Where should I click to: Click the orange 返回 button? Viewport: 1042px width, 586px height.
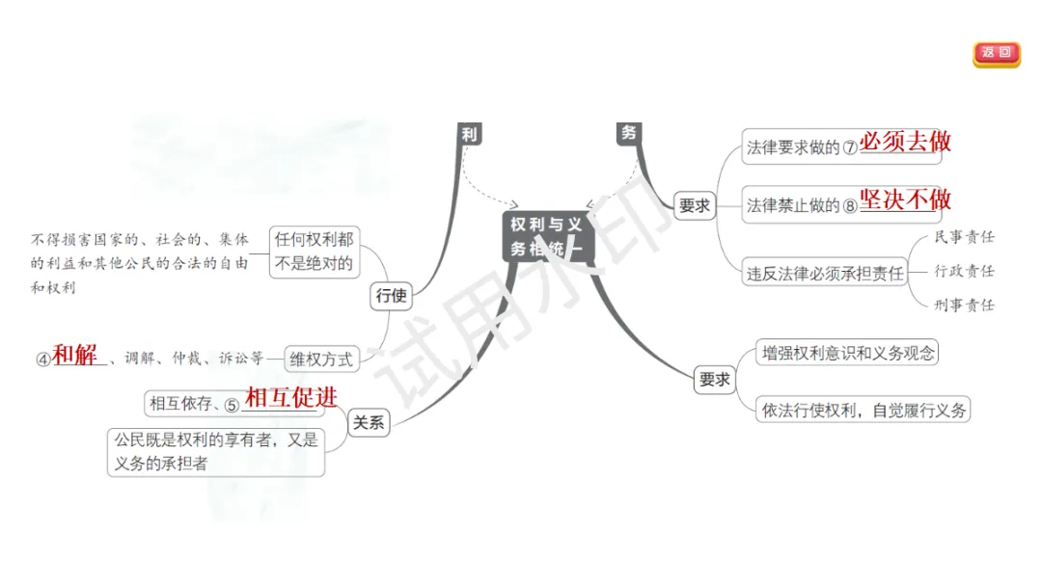tap(996, 54)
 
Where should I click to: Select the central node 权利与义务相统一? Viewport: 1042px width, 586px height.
tap(547, 236)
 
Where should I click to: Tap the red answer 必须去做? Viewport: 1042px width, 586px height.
tap(905, 143)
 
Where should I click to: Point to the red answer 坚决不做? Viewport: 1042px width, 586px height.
tap(905, 200)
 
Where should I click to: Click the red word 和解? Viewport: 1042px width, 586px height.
tap(75, 356)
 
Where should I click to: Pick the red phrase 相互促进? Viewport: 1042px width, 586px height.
tap(291, 397)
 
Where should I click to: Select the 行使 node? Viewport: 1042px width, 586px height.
tap(390, 296)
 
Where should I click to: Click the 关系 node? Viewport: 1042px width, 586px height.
tap(368, 422)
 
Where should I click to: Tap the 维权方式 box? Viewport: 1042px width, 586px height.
tap(321, 360)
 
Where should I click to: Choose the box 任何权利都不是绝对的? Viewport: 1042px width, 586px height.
tap(314, 251)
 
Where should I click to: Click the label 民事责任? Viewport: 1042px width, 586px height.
tap(964, 237)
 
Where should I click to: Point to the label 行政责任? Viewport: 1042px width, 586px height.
tap(964, 271)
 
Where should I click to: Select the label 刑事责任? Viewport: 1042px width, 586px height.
tap(964, 306)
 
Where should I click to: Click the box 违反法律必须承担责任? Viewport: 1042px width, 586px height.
tap(825, 273)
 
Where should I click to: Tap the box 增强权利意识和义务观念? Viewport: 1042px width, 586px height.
tap(848, 353)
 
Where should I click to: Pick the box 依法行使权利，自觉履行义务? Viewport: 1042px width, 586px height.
tap(863, 410)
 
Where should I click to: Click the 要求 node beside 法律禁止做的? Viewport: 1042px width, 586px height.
tap(695, 205)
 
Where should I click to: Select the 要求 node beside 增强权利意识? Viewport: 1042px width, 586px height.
tap(714, 380)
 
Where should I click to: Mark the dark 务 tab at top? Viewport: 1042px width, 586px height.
tap(629, 133)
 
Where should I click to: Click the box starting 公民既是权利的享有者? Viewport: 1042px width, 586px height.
tap(215, 452)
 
